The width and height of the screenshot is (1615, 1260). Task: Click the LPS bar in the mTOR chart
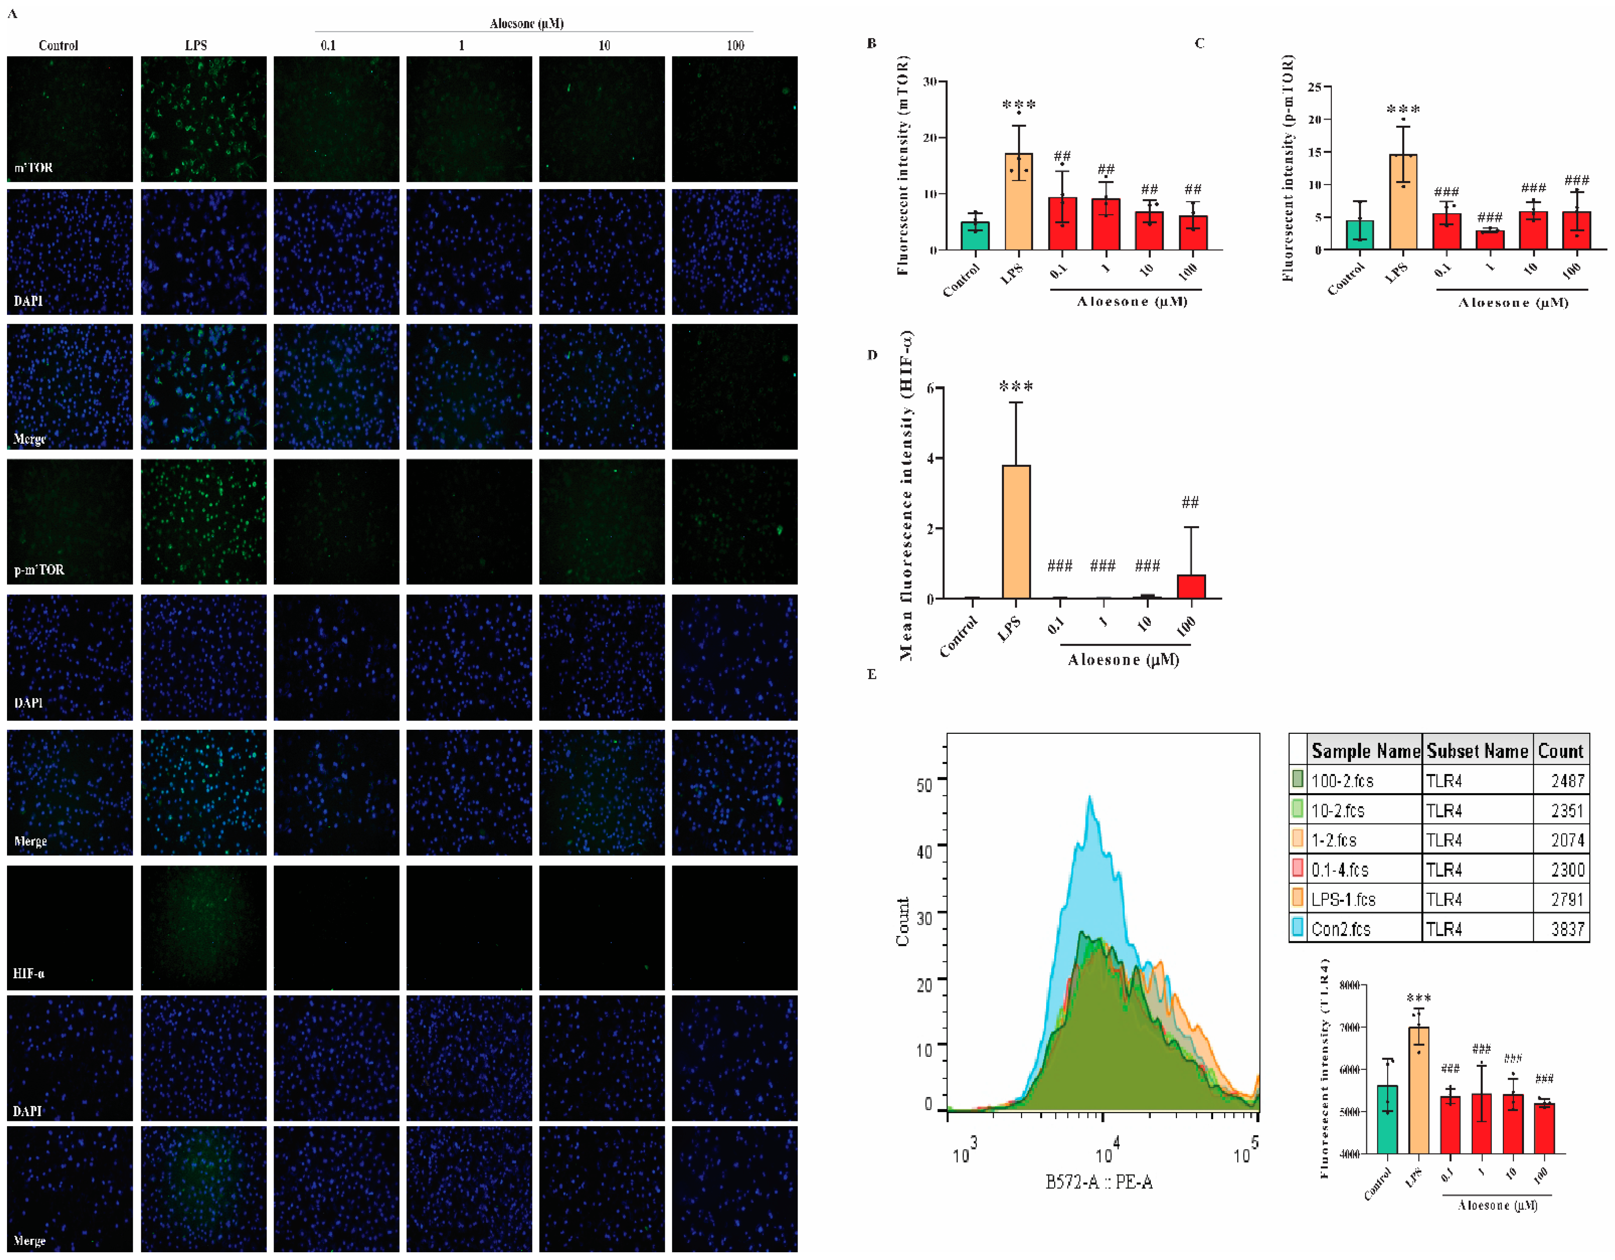tap(1018, 201)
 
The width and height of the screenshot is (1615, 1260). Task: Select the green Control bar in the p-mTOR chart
tap(1359, 235)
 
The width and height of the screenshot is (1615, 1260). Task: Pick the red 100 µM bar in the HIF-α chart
tap(1191, 587)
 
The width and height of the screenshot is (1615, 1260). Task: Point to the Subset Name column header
tap(1477, 751)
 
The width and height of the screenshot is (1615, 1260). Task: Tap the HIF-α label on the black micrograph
tap(29, 973)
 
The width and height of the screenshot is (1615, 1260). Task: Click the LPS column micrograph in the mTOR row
tap(204, 119)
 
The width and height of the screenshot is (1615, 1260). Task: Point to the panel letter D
tap(872, 355)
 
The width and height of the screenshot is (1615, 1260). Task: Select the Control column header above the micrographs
tap(58, 45)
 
